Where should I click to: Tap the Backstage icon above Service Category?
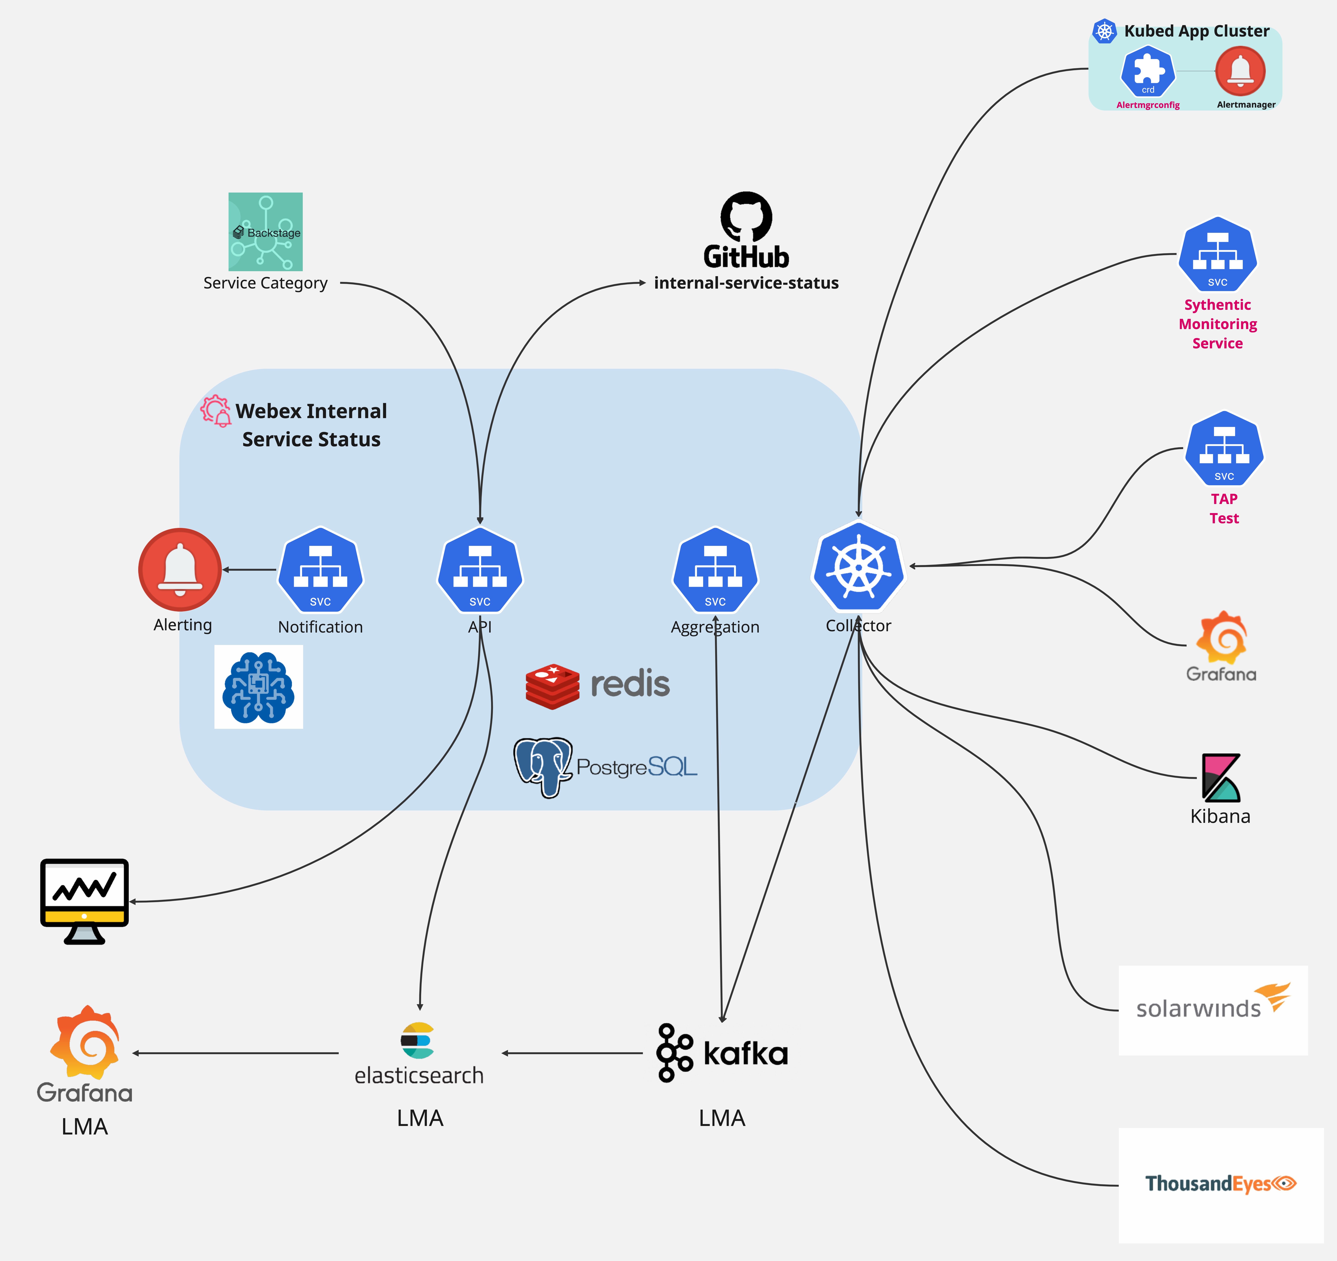coord(266,232)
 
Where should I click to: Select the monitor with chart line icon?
coord(84,901)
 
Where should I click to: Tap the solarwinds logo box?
coord(1213,1010)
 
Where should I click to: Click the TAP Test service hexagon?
coord(1224,449)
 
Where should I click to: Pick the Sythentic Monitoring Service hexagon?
coord(1218,254)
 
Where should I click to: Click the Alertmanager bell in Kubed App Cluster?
coord(1240,71)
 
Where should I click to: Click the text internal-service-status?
coord(747,283)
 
